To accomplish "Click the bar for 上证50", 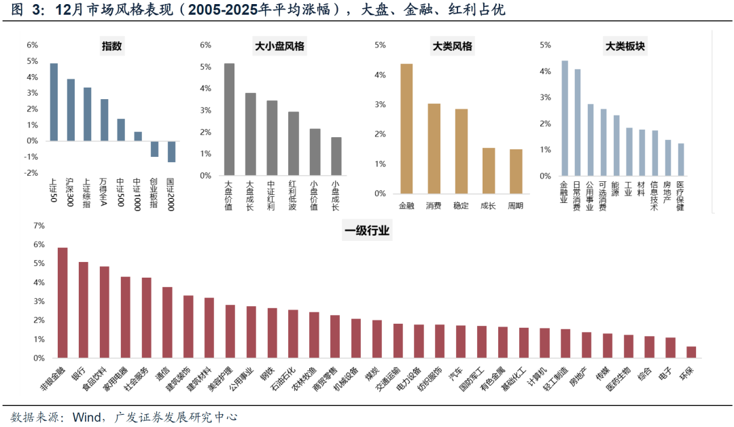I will (x=54, y=102).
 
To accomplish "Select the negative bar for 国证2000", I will (x=171, y=151).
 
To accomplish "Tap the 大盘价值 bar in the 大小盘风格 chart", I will (x=229, y=119).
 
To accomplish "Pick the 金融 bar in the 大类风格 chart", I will (x=406, y=129).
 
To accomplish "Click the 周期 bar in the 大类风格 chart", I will (x=516, y=172).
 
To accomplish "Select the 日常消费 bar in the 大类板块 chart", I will (x=578, y=122).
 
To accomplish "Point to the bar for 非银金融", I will (x=63, y=303).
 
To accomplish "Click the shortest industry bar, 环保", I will (x=691, y=352).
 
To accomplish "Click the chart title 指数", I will (x=112, y=47).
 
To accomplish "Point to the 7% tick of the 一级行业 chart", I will (x=38, y=225).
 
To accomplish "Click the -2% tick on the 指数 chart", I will (x=31, y=173).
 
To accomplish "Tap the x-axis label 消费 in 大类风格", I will (x=434, y=205).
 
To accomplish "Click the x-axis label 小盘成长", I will (x=336, y=194).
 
